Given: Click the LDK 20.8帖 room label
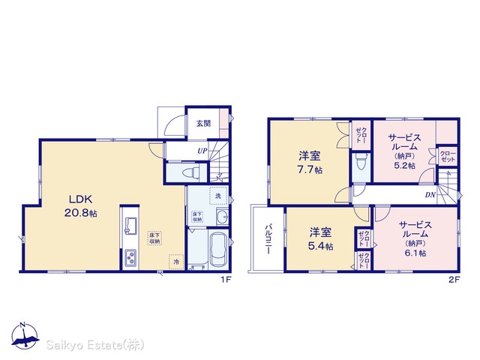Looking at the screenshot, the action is pos(80,206).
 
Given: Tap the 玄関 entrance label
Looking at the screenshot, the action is pos(203,123).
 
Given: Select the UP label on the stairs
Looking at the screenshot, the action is pos(202,151).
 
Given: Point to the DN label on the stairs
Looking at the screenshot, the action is pos(430,195).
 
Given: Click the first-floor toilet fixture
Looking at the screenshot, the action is pos(190,173).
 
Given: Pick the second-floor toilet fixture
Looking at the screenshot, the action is pos(361,161).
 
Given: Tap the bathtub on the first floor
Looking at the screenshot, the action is pos(217,250).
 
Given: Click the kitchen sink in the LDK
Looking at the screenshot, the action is pos(131,225).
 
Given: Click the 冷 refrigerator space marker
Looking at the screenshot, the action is pos(176,262).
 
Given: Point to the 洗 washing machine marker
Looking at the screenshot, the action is pos(218,196).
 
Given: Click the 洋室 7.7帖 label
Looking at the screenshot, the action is pos(310,163).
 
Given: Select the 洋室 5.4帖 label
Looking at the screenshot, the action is pos(320,238).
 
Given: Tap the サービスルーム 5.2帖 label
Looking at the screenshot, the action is pos(405,151).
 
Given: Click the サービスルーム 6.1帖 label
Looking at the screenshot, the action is pos(415,238).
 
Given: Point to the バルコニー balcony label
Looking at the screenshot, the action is pos(268,239).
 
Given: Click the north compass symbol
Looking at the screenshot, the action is pos(25,335).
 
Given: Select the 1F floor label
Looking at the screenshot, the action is pos(226,280).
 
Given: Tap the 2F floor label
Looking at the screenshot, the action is pos(455,280).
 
